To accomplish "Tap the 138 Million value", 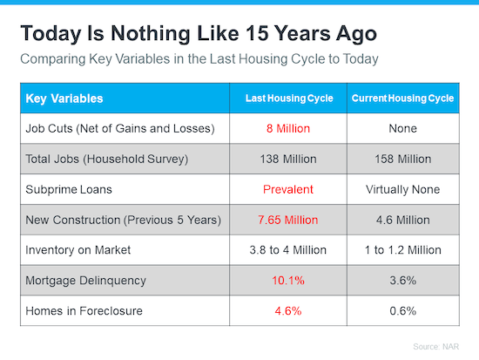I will point(288,159).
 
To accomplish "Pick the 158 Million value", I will point(402,159).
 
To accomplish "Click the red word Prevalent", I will point(288,189).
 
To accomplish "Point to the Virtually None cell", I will point(402,189).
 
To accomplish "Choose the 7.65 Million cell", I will point(288,220).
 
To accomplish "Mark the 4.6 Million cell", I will point(402,220).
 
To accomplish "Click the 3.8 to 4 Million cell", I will point(288,250).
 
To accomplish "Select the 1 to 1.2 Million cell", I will point(402,250).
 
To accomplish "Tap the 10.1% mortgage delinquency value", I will point(288,281).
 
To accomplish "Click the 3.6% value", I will point(402,281).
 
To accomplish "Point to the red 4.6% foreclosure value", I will point(288,311).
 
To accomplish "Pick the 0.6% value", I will point(402,311).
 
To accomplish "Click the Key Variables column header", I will point(64,98).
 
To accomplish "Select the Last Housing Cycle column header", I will point(288,98).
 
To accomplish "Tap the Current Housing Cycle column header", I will point(402,98).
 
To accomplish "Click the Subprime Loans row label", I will point(67,189).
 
